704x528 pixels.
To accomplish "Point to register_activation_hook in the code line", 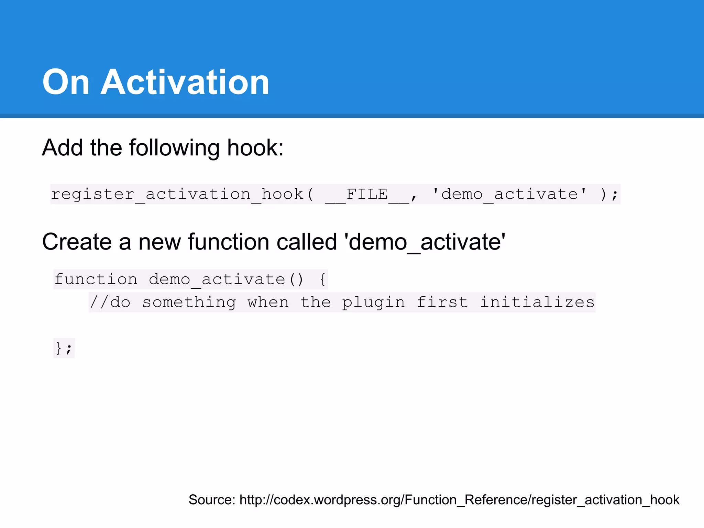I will [177, 194].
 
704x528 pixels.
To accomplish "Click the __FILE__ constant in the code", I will [367, 194].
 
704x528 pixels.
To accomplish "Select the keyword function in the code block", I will [96, 279].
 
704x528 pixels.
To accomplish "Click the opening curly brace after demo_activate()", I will [322, 279].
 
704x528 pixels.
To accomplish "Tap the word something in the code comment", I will [189, 302].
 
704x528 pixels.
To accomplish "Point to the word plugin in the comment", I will [373, 302].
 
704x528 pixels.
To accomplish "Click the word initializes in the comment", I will [537, 302].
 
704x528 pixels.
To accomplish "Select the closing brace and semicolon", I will [64, 349].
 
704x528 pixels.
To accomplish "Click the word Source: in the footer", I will [212, 500].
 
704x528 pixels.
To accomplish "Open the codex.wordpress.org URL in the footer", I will [459, 500].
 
